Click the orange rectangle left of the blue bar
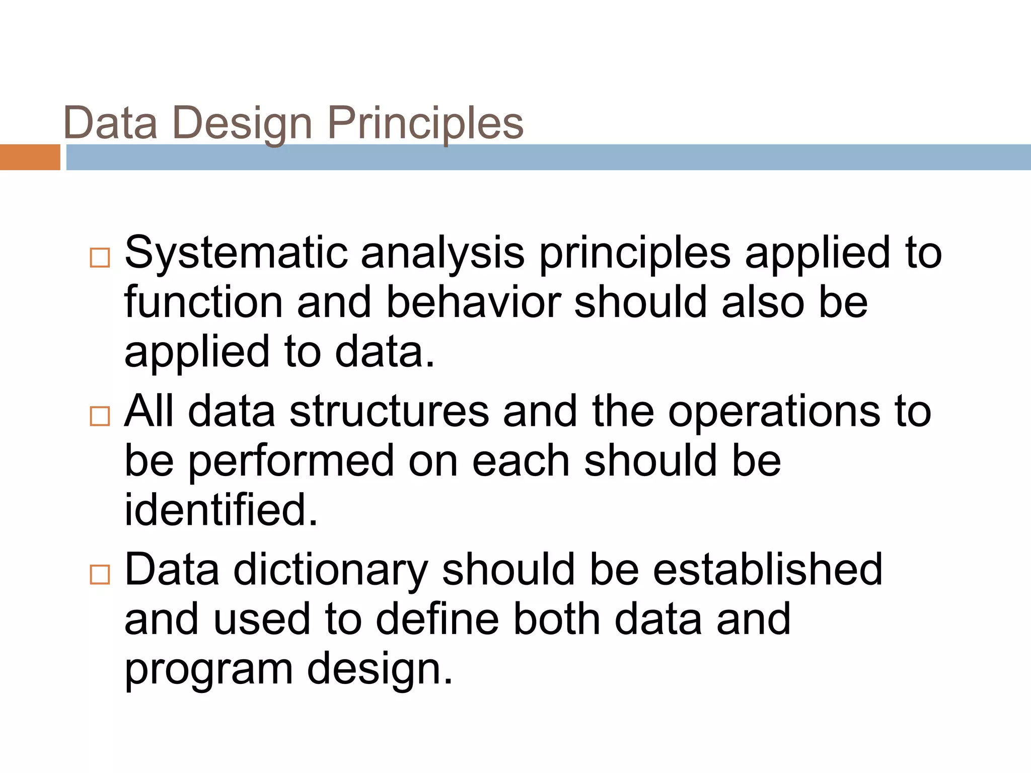tap(30, 157)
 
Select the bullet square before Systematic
tap(100, 258)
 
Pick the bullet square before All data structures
tap(100, 416)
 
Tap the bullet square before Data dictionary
tap(100, 575)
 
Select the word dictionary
tap(330, 570)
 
